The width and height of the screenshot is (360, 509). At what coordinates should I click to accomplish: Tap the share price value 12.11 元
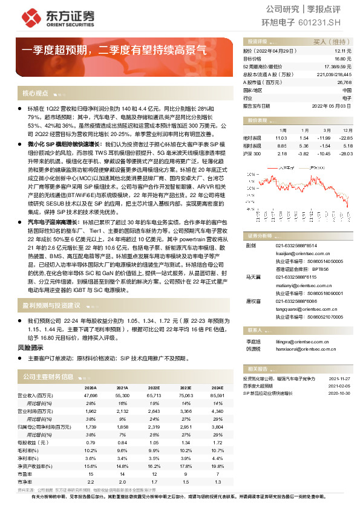pos(344,52)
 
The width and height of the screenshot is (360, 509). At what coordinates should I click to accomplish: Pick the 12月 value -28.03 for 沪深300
pos(345,154)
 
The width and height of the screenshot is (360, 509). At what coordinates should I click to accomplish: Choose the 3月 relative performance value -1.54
pos(324,146)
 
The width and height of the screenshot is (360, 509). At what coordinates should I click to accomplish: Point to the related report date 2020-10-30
pos(341,392)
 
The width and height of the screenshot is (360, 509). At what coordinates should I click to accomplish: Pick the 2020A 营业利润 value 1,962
pos(90,410)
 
